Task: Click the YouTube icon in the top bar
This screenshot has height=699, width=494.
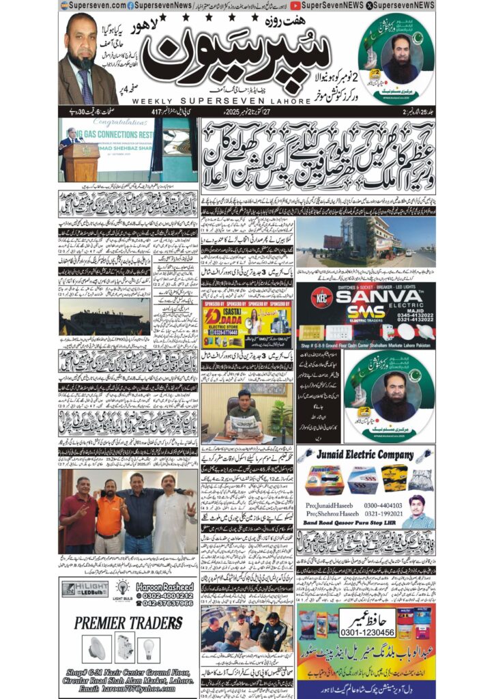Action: click(294, 5)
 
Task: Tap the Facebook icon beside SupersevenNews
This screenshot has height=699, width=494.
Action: click(130, 5)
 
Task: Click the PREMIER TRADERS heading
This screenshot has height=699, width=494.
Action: click(128, 623)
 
